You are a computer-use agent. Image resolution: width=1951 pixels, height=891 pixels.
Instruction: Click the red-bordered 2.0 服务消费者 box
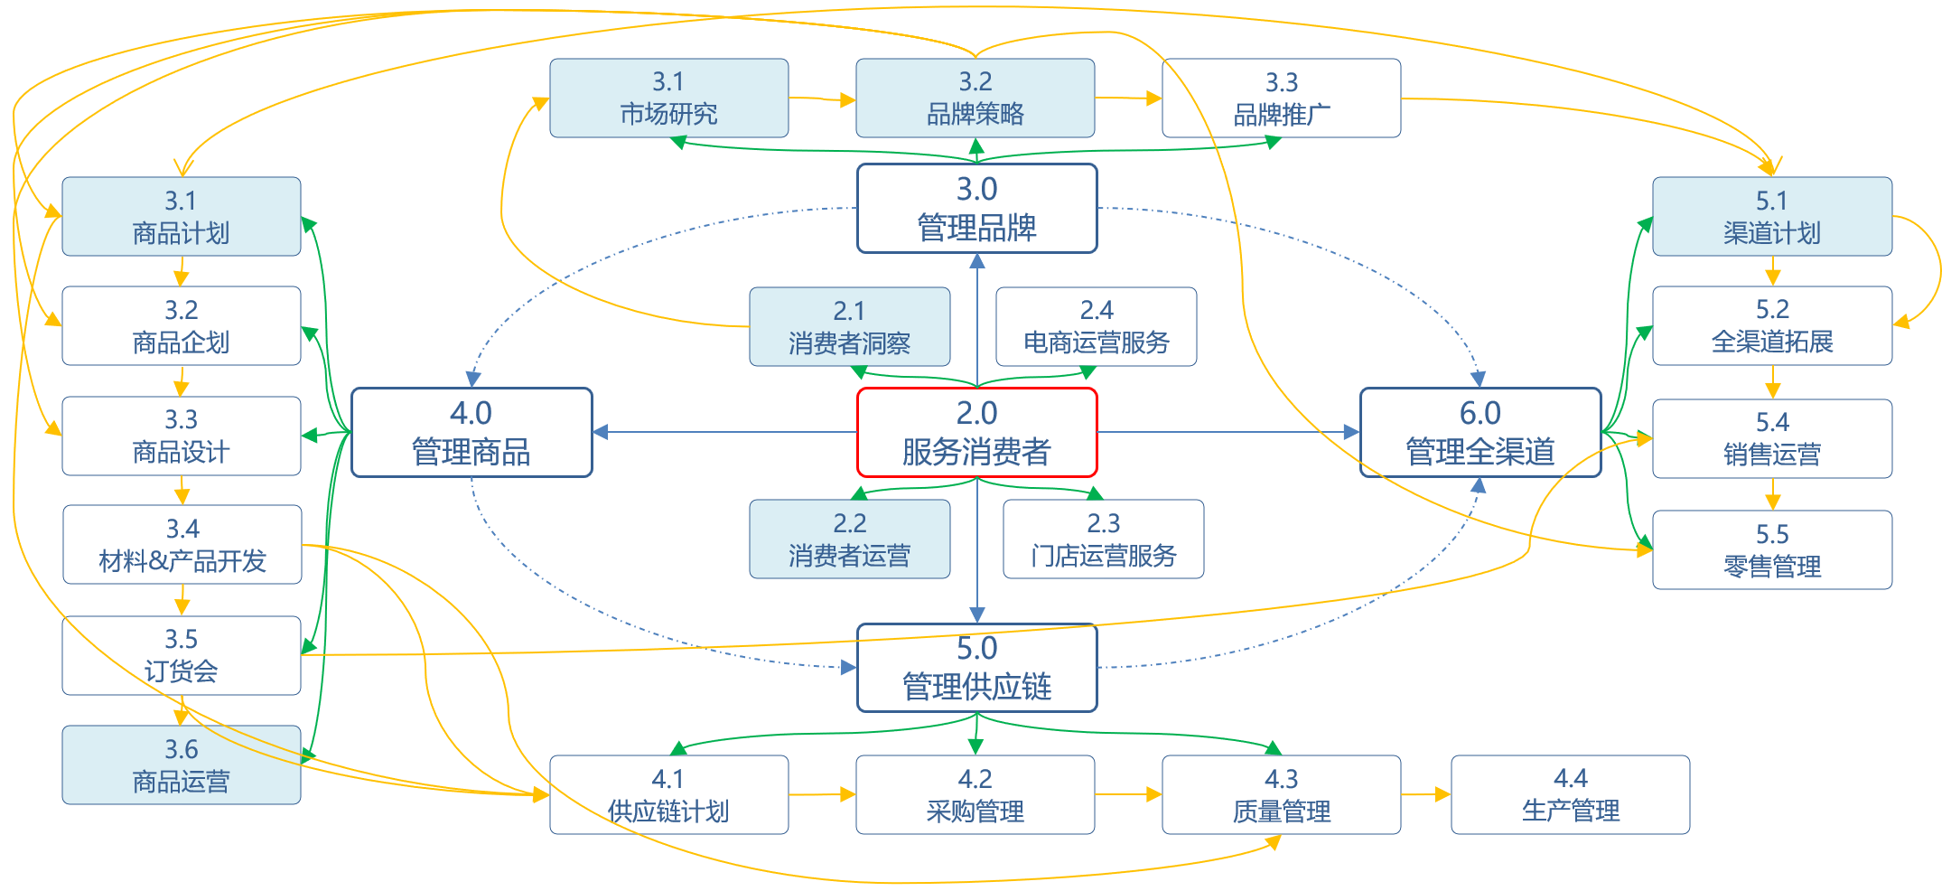click(976, 433)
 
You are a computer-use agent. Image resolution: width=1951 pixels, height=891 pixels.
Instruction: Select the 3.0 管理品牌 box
click(976, 209)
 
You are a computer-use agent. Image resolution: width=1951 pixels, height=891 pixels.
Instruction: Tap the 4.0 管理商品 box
click(471, 433)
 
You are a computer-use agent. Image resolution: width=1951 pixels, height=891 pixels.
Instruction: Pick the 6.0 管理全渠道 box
click(1480, 433)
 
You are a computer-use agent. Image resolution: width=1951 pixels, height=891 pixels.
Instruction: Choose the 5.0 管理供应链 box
click(976, 668)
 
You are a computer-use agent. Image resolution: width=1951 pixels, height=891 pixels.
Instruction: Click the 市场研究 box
click(668, 98)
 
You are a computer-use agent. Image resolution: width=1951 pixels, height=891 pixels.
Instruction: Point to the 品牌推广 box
click(1281, 98)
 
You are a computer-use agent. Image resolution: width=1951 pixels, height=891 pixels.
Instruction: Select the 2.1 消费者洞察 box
click(849, 327)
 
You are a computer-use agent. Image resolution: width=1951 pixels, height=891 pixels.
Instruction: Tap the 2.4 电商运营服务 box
click(1096, 327)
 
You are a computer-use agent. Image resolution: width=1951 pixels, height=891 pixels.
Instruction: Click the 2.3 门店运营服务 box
click(1103, 539)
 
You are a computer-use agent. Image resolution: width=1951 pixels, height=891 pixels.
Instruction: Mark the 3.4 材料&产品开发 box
click(182, 545)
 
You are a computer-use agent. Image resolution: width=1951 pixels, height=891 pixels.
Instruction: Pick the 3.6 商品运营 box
click(181, 765)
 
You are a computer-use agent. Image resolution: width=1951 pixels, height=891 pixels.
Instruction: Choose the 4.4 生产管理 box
click(1570, 795)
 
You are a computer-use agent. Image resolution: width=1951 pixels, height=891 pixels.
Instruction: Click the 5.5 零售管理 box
click(1771, 550)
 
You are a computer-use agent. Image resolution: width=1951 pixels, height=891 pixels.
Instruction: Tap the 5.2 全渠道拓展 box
click(1771, 326)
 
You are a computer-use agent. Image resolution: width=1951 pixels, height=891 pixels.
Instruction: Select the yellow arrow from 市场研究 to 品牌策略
click(821, 98)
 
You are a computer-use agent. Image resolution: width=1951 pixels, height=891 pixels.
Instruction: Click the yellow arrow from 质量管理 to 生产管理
click(1425, 794)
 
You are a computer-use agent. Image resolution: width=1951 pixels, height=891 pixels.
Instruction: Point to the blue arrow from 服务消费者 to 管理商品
click(723, 433)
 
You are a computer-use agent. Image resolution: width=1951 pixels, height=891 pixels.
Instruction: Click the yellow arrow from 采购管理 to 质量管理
click(1127, 794)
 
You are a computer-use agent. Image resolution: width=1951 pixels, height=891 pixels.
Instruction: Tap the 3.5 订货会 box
click(181, 656)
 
